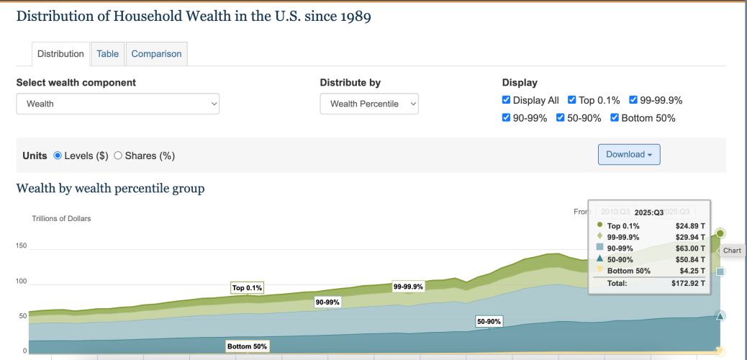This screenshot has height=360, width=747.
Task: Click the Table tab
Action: [108, 54]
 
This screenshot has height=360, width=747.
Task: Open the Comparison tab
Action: [156, 54]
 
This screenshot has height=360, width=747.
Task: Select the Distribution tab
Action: [60, 54]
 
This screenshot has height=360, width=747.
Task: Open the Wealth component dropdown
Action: [118, 104]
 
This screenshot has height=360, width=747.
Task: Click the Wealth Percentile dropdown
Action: [369, 104]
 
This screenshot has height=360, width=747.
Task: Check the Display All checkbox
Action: [507, 100]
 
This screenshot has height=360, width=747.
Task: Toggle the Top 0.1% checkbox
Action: [572, 100]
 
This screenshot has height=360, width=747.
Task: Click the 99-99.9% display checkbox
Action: [634, 100]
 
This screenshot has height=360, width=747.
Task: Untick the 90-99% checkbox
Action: [507, 118]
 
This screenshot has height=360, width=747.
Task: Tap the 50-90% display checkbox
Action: [561, 118]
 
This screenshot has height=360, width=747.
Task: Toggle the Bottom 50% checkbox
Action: [615, 118]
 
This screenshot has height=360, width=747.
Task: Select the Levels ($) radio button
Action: [58, 156]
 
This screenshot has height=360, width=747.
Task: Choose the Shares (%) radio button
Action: [118, 156]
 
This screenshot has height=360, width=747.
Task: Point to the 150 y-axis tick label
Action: [21, 246]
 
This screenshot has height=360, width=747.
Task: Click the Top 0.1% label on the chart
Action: [247, 288]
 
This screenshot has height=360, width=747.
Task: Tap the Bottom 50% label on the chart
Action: [247, 346]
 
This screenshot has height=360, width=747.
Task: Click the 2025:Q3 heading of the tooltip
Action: [649, 213]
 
